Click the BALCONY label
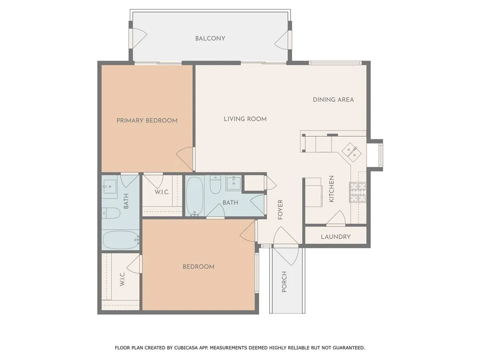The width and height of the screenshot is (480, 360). point(210,38)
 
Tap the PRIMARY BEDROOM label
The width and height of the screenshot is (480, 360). point(147,120)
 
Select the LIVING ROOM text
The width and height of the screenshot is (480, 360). point(245,119)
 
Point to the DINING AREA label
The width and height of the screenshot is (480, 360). point(333,99)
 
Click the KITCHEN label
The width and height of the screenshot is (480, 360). point(331,188)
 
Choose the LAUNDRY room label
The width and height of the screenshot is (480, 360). point(336,237)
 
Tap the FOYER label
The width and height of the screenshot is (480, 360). point(280,210)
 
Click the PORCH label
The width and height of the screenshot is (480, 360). point(284,282)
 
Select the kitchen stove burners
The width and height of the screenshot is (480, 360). point(358,192)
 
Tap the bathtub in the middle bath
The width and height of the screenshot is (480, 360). point(195,196)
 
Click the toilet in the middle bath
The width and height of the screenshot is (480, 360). point(215,185)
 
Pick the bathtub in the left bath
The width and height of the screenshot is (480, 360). point(120,240)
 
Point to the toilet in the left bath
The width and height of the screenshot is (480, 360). point(111,213)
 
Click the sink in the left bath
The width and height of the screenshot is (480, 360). point(110,187)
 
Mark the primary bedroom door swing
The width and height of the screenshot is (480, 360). point(185,156)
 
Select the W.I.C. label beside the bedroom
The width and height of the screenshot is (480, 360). point(122,278)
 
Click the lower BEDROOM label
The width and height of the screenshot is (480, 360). point(198,267)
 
